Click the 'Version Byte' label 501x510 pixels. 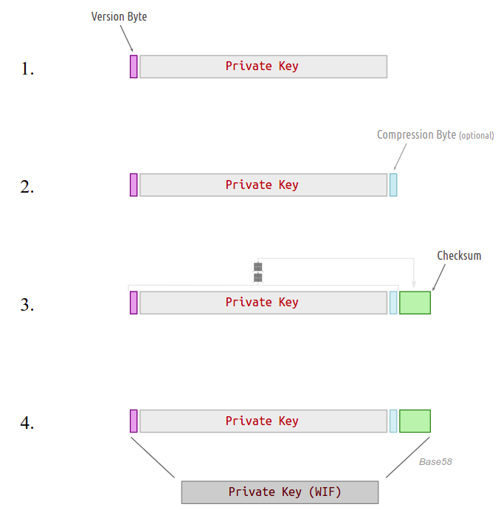[x=119, y=16]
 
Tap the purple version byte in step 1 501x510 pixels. [x=134, y=66]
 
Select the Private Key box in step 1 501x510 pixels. [x=263, y=66]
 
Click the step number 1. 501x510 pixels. [x=27, y=69]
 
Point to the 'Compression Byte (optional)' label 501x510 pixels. [x=435, y=135]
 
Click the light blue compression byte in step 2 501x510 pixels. [x=393, y=185]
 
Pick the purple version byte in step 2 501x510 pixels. [x=134, y=185]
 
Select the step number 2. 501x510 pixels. [x=27, y=187]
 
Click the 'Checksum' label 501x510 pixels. [x=459, y=255]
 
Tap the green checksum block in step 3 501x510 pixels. [x=415, y=303]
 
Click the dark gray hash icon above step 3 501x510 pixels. [x=258, y=272]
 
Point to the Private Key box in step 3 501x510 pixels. [x=263, y=303]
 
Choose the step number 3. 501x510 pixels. [x=27, y=305]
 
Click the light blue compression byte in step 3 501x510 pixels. [x=393, y=303]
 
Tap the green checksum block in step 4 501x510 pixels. [x=415, y=421]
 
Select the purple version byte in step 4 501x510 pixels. [x=134, y=421]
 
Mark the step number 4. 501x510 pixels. [x=27, y=424]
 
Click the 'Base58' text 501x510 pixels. [x=435, y=462]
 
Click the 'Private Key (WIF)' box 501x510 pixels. [x=280, y=492]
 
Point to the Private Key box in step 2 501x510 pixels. [x=263, y=185]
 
